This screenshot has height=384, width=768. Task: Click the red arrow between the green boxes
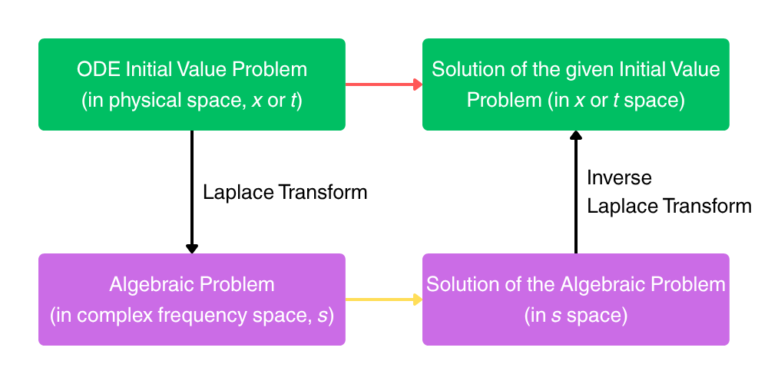tap(380, 84)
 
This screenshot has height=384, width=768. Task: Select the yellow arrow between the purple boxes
tap(380, 300)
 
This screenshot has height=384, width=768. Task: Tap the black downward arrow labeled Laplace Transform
tap(192, 192)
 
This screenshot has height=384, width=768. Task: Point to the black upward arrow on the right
tap(576, 192)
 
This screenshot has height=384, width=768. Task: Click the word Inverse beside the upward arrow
tap(619, 178)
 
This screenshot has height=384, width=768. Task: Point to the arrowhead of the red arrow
tap(418, 84)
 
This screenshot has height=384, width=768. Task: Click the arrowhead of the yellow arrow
tap(418, 300)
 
